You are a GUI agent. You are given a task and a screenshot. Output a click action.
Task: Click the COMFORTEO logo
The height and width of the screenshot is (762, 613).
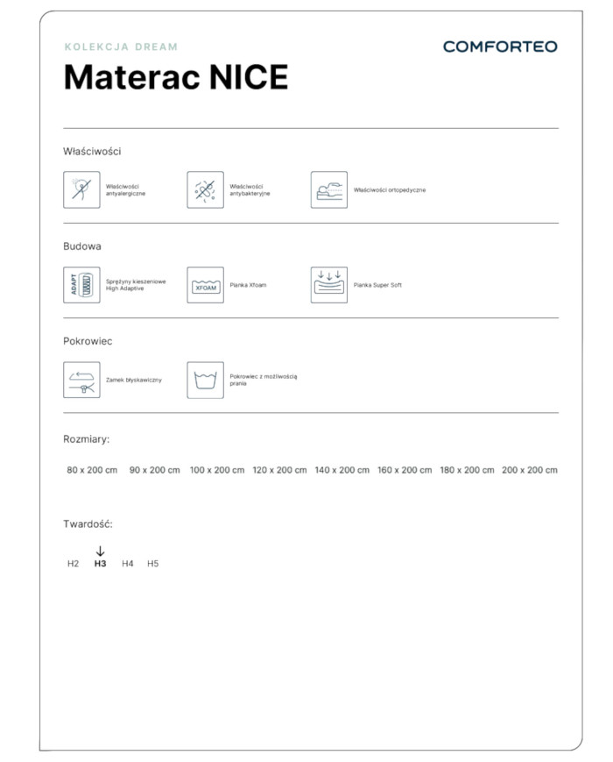499,46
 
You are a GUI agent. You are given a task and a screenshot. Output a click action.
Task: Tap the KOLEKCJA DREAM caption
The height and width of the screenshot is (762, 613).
121,46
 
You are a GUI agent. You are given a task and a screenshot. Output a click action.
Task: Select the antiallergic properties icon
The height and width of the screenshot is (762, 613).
81,189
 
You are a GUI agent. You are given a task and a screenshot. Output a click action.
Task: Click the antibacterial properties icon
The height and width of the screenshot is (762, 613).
205,189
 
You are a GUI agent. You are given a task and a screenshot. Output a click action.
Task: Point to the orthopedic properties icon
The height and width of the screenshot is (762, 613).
328,189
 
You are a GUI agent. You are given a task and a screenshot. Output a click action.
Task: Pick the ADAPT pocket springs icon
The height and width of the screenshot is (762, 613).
81,285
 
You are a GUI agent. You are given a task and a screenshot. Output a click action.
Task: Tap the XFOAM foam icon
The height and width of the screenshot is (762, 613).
205,285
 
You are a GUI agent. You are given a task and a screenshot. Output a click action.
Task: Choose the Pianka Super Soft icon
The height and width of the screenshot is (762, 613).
328,285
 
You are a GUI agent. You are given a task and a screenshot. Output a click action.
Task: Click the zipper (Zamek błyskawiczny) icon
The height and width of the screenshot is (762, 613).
81,380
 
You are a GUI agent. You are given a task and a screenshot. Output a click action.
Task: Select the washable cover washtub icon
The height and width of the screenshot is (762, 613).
205,380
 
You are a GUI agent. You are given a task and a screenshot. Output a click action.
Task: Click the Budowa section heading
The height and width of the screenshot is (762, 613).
82,246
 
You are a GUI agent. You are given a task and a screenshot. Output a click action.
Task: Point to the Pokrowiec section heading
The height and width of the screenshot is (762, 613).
88,341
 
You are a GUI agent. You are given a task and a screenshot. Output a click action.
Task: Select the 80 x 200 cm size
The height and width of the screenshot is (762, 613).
92,470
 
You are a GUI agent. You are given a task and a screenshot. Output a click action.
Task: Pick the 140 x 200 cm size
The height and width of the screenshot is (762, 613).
342,470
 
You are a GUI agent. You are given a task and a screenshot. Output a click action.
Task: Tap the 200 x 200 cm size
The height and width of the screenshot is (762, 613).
529,470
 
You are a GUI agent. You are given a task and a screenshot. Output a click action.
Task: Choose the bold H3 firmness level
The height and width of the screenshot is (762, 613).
100,564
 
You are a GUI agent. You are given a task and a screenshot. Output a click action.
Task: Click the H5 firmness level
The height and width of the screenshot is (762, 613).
153,564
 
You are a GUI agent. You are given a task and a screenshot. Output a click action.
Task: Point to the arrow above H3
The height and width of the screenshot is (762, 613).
100,551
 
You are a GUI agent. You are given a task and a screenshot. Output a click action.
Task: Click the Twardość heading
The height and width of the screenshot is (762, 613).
88,524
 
